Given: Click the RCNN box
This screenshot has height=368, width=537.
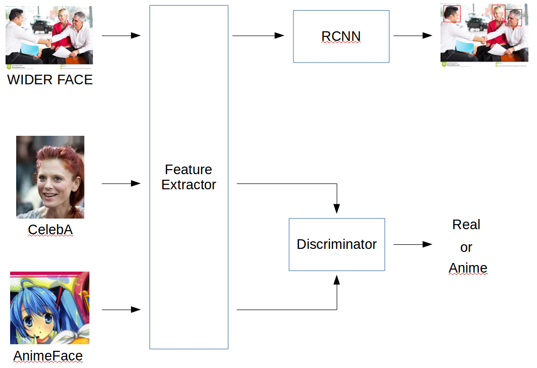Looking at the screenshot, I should click(341, 36).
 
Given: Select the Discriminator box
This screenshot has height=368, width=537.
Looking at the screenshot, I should click(336, 244).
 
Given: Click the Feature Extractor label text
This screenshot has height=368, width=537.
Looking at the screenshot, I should click(188, 177).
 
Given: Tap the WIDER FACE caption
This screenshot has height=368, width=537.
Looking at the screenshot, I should click(50, 80).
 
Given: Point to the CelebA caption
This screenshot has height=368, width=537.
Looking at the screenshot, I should click(50, 230).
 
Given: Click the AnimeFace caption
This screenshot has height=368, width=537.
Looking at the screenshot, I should click(48, 356).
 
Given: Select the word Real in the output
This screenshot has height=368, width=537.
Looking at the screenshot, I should click(466, 225).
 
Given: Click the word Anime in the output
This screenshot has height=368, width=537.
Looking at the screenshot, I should click(468, 268).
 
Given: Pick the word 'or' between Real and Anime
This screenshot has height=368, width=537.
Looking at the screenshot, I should click(466, 247).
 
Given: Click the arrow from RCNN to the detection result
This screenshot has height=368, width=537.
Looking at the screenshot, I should click(413, 36).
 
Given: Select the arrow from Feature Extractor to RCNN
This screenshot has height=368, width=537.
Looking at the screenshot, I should click(258, 36).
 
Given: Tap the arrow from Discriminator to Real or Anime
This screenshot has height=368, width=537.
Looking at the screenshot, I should click(413, 244).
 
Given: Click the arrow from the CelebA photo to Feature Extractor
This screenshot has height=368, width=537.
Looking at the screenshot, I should click(121, 184).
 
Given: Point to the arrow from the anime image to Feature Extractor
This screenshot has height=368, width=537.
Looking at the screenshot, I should click(121, 309).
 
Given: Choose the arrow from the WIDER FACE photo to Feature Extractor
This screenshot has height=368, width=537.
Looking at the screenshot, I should click(121, 36).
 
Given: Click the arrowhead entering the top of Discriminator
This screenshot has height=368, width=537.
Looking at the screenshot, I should click(337, 208).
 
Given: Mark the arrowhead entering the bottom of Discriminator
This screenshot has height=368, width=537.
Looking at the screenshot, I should click(337, 280).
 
